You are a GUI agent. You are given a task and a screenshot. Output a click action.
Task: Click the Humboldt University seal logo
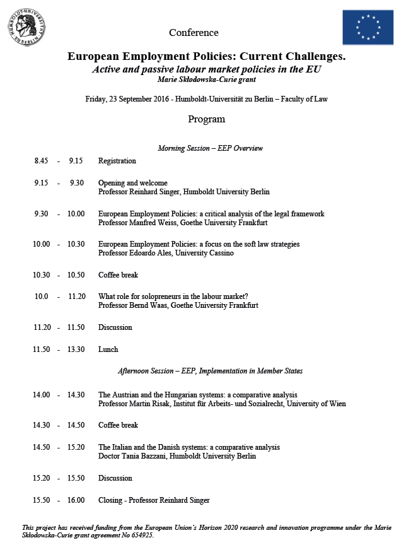pyautogui.click(x=27, y=27)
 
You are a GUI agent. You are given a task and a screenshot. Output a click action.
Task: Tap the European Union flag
pyautogui.click(x=368, y=27)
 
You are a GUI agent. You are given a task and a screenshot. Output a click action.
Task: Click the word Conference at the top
pyautogui.click(x=194, y=33)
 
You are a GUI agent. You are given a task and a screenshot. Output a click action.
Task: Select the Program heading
pyautogui.click(x=206, y=119)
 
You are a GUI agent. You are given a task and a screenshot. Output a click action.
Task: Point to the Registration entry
pyautogui.click(x=117, y=161)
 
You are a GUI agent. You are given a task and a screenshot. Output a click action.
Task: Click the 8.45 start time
pyautogui.click(x=41, y=161)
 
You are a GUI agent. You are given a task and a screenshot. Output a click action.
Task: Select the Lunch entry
pyautogui.click(x=108, y=349)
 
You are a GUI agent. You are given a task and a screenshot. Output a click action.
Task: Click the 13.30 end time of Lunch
pyautogui.click(x=76, y=349)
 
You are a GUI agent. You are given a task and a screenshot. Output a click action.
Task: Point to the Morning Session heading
pyautogui.click(x=210, y=148)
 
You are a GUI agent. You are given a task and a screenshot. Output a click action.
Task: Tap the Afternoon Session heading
pyautogui.click(x=210, y=371)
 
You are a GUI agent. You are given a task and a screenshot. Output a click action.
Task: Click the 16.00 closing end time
pyautogui.click(x=76, y=500)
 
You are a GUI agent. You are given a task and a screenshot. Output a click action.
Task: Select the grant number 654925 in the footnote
pyautogui.click(x=141, y=535)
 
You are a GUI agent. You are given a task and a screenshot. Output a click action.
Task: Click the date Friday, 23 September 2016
pyautogui.click(x=127, y=99)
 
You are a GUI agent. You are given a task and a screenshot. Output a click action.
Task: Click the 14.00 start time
pyautogui.click(x=42, y=395)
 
